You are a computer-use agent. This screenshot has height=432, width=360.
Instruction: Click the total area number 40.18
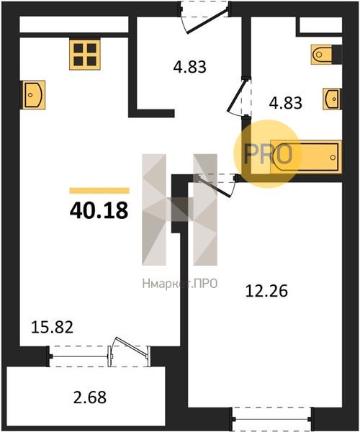point(99,210)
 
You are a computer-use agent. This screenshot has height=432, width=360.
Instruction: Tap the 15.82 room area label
point(52,328)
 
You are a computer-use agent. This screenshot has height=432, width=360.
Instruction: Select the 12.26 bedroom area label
point(266,291)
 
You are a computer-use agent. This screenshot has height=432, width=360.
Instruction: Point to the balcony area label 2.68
point(90,397)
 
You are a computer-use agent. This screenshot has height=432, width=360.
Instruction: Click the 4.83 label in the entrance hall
point(190,67)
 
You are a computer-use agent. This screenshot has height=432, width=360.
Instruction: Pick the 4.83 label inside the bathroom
point(286,103)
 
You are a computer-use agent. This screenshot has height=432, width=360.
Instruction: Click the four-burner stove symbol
point(84,54)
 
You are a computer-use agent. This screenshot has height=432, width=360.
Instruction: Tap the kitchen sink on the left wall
point(33,95)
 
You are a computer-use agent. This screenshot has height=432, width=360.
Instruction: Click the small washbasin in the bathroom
point(333,99)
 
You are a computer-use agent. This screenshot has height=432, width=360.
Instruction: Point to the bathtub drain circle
point(333,157)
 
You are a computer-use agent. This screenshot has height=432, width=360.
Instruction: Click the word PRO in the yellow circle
point(268,154)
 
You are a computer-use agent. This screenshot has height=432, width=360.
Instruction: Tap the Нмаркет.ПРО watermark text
point(180,283)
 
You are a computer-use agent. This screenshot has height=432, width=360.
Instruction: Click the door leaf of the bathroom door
point(235,96)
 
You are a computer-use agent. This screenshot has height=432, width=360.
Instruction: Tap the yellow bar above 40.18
point(99,190)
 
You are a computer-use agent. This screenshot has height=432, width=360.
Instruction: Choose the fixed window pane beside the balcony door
point(79,356)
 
